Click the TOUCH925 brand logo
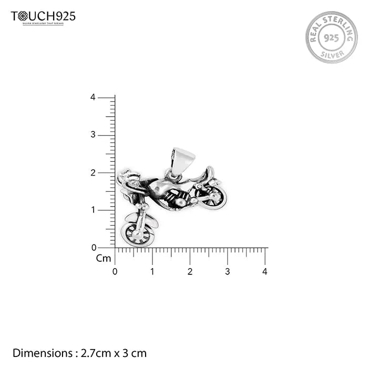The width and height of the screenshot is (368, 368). [43, 17]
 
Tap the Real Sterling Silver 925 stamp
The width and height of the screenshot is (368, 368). [331, 37]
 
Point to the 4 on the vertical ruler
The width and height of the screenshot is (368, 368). [93, 97]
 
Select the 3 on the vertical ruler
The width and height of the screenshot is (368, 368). [93, 135]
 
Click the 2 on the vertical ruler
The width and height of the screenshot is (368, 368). [93, 172]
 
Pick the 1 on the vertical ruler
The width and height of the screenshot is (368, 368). [93, 210]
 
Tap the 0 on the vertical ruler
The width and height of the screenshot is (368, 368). [94, 247]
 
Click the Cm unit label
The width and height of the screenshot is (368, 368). [103, 258]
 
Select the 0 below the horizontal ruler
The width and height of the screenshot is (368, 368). [115, 272]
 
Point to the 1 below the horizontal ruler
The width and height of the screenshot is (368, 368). [152, 272]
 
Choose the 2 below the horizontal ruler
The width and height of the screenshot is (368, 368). [190, 272]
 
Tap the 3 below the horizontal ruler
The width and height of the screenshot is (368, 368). [228, 272]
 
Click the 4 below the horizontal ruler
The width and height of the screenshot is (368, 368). [265, 272]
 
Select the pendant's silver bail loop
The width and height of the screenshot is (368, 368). [182, 160]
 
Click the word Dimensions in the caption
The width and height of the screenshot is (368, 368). [42, 353]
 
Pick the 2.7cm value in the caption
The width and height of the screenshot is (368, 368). [93, 353]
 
